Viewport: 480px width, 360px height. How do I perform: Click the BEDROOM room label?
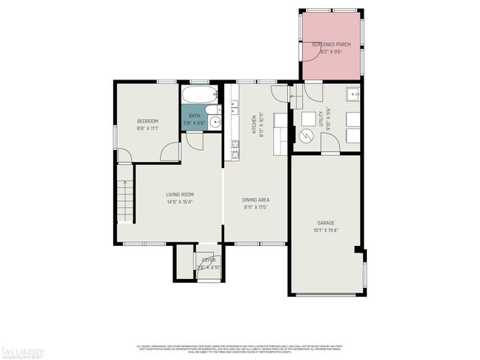click(x=147, y=121)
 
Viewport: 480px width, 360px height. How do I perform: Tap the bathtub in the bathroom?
click(x=199, y=95)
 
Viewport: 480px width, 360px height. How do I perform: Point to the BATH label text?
click(x=194, y=115)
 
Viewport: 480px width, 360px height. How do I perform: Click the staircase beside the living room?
click(x=124, y=201)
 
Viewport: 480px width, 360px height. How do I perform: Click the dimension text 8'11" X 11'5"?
click(x=256, y=206)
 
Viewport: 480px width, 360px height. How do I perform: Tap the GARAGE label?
click(x=325, y=223)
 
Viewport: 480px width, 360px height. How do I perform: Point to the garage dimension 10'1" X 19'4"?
click(x=325, y=230)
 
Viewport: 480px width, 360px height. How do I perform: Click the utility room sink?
click(x=352, y=94)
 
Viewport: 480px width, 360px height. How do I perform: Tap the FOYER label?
click(x=197, y=260)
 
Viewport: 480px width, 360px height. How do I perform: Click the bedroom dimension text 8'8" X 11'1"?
click(x=147, y=128)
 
